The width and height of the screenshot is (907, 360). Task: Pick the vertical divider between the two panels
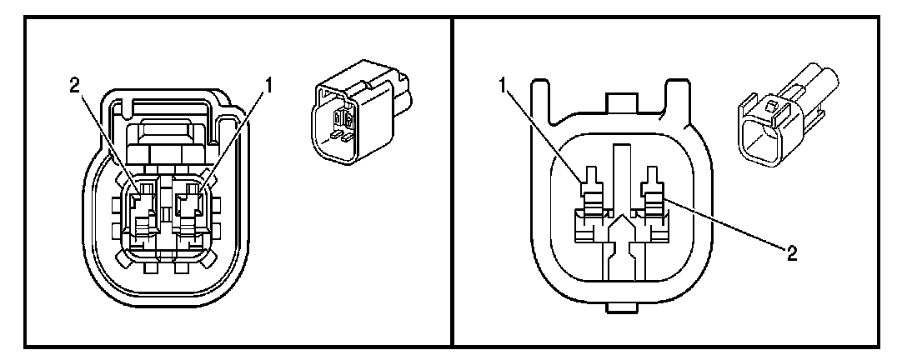452,180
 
